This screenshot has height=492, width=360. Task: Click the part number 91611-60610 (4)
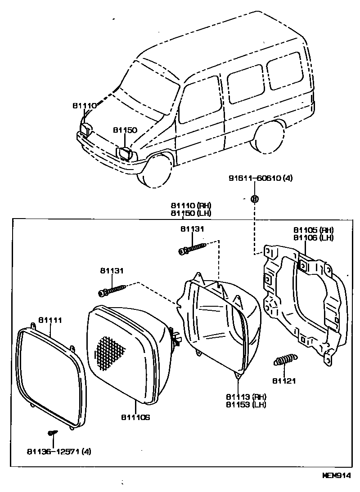click(261, 179)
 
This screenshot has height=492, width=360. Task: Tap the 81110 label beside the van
click(84, 106)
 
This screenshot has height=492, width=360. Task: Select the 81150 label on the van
click(125, 130)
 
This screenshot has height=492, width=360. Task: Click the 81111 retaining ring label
click(50, 320)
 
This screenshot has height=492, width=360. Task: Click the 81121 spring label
click(284, 381)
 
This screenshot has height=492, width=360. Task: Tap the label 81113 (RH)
click(247, 397)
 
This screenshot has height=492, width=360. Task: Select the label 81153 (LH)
click(247, 404)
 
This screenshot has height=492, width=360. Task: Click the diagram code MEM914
click(336, 475)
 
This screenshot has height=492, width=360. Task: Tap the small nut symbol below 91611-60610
click(254, 198)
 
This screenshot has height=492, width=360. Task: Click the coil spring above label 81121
click(285, 360)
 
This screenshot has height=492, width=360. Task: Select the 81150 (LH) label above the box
click(191, 213)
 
